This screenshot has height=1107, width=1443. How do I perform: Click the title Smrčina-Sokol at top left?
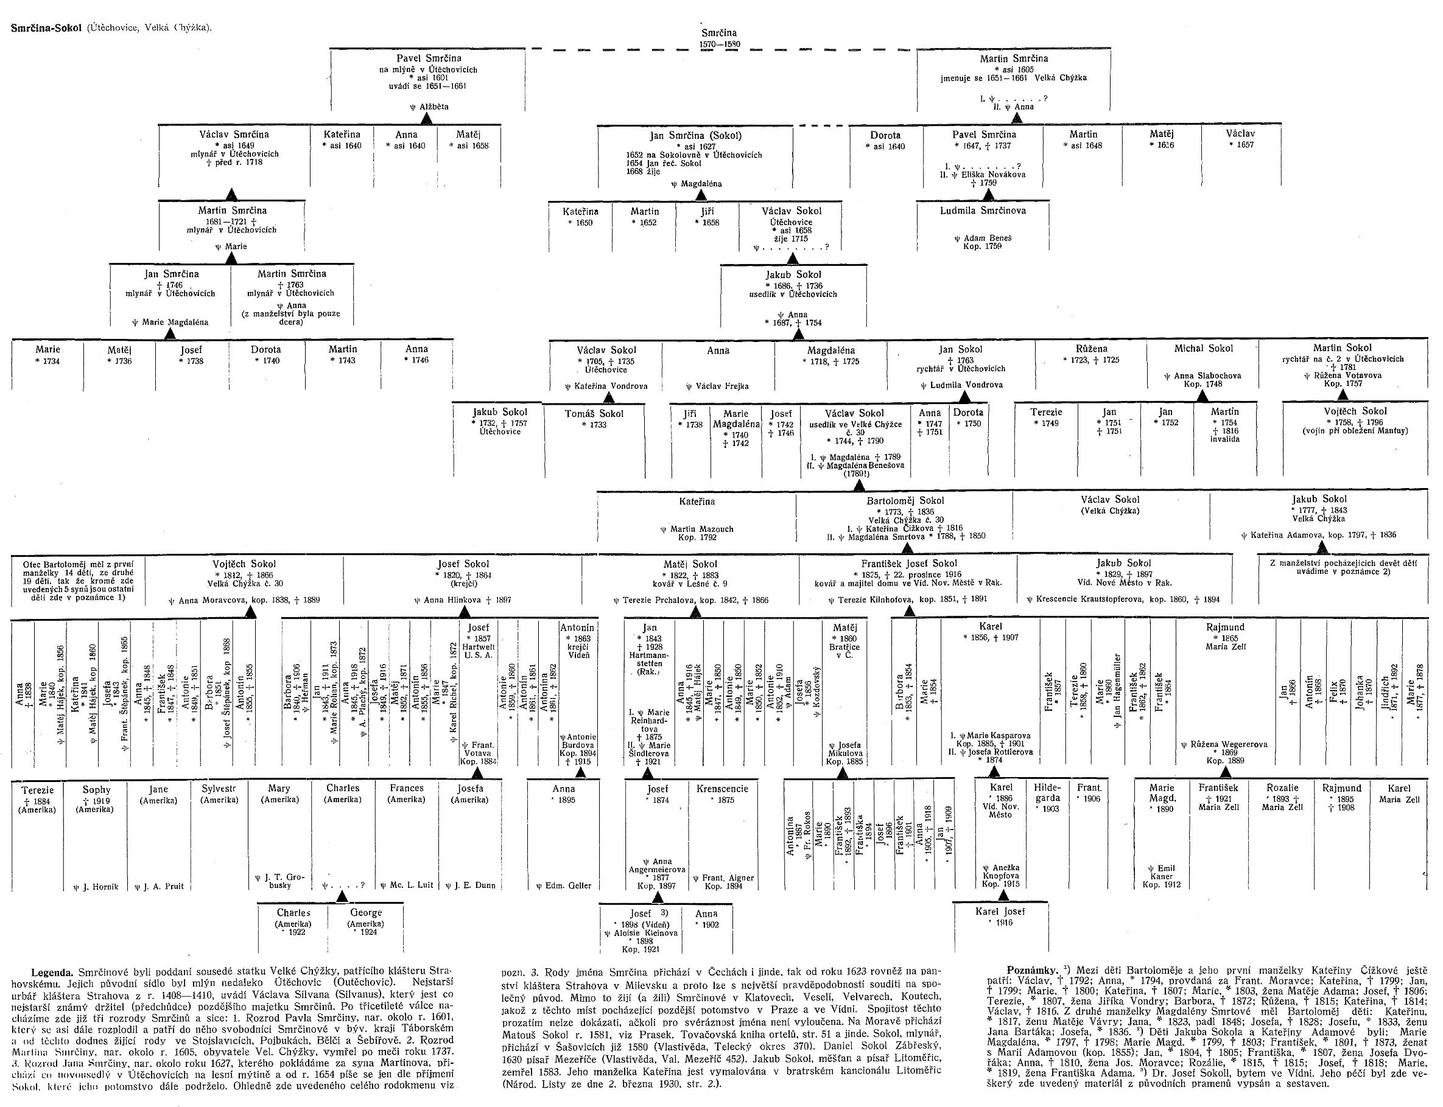(47, 27)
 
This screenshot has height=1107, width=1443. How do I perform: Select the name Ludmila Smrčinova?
(983, 211)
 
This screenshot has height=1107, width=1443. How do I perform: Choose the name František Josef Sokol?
(909, 564)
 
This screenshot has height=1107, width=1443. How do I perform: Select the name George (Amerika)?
(366, 913)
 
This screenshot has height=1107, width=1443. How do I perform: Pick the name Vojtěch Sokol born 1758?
(1355, 411)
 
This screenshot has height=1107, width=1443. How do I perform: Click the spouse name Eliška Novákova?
(988, 175)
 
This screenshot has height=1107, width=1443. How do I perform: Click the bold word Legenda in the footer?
(53, 972)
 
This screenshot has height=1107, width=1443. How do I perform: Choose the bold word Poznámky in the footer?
(1031, 971)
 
